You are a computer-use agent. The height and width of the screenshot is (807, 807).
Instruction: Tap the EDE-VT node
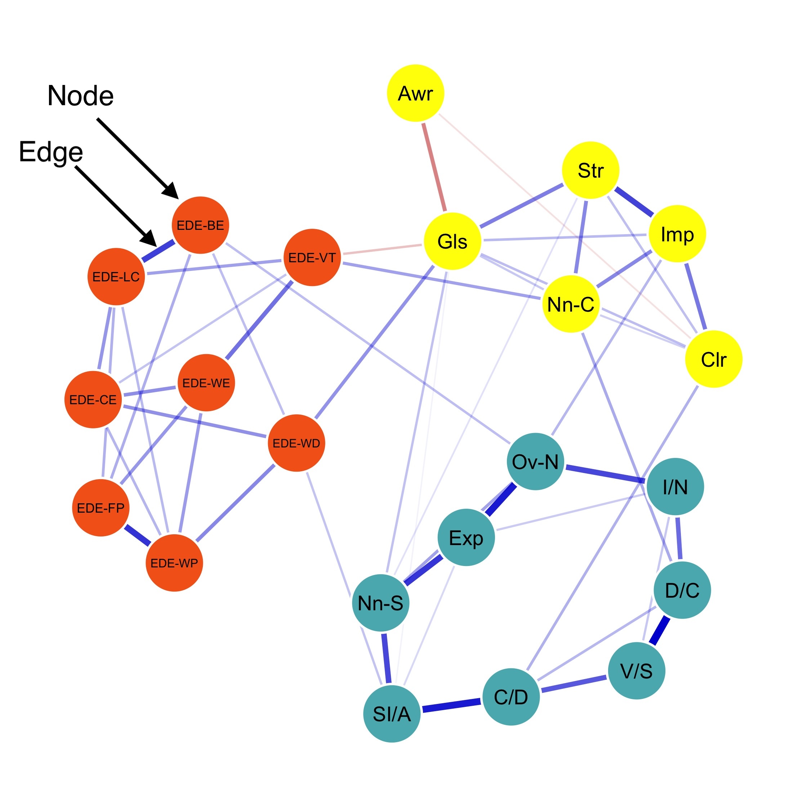[312, 257]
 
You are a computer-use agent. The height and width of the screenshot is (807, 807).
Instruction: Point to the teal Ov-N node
[535, 462]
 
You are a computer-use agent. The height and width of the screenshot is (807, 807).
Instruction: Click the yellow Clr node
[713, 359]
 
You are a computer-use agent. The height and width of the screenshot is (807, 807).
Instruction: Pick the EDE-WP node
[174, 563]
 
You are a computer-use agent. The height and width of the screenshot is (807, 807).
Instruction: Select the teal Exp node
[466, 538]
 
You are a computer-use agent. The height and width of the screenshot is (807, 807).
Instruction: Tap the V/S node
[636, 671]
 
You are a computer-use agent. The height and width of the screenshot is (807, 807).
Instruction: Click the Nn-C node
[571, 304]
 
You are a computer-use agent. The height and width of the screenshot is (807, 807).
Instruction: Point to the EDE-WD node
[296, 443]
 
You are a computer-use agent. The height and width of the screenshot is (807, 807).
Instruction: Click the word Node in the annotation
[80, 96]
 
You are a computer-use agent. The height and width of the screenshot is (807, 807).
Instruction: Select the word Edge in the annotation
[51, 152]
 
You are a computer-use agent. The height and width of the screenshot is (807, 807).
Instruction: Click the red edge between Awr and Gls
[434, 167]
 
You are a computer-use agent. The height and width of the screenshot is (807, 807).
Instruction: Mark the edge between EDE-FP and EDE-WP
[137, 535]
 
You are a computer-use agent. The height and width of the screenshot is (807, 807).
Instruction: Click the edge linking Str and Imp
[634, 202]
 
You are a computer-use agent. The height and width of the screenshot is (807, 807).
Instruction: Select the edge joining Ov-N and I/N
[605, 474]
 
